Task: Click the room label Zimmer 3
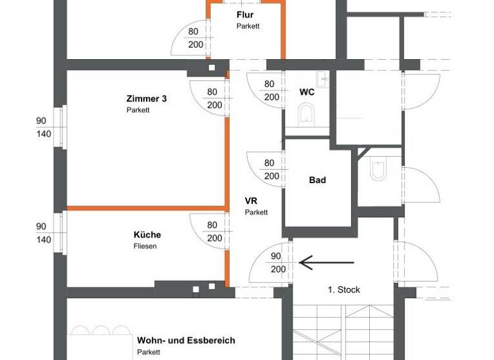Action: pyautogui.click(x=147, y=98)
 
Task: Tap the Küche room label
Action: pyautogui.click(x=147, y=235)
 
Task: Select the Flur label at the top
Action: pyautogui.click(x=245, y=14)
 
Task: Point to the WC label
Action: pyautogui.click(x=307, y=92)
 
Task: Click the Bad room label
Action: pyautogui.click(x=317, y=180)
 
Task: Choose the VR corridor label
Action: pyautogui.click(x=252, y=201)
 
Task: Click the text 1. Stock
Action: pyautogui.click(x=343, y=289)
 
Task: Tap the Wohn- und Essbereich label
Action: pyautogui.click(x=186, y=340)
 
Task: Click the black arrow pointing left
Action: pyautogui.click(x=326, y=262)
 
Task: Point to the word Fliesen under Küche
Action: pyautogui.click(x=145, y=246)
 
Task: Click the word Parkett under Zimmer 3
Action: pyautogui.click(x=138, y=110)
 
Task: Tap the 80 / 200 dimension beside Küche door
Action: pyautogui.click(x=213, y=231)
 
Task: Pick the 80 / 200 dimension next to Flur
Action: pyautogui.click(x=196, y=38)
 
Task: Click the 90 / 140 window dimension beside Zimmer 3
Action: pyautogui.click(x=41, y=127)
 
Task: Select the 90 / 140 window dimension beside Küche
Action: pyautogui.click(x=41, y=233)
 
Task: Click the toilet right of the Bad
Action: pyautogui.click(x=378, y=170)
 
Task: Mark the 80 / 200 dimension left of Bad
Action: pyautogui.click(x=270, y=170)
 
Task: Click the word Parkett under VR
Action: pyautogui.click(x=256, y=212)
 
